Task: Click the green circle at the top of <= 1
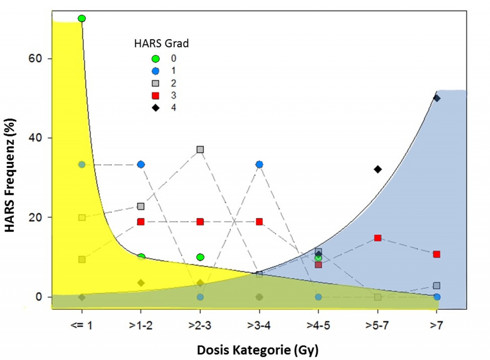coord(82,18)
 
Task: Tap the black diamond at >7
coord(437,98)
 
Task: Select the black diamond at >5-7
coord(378,169)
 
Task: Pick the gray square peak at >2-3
coord(200,150)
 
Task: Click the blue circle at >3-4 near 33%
coord(259,164)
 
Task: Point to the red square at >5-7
coord(378,238)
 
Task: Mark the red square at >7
coord(437,254)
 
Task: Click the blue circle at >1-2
coord(141,164)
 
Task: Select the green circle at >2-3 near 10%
coord(200,257)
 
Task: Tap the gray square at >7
coord(437,286)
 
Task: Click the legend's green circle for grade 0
coord(155,58)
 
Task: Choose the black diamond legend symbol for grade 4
coord(155,108)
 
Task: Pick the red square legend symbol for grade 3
coord(155,96)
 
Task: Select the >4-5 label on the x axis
coord(318,326)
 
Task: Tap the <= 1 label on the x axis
coord(82,326)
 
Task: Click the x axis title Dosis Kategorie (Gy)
coord(258,350)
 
